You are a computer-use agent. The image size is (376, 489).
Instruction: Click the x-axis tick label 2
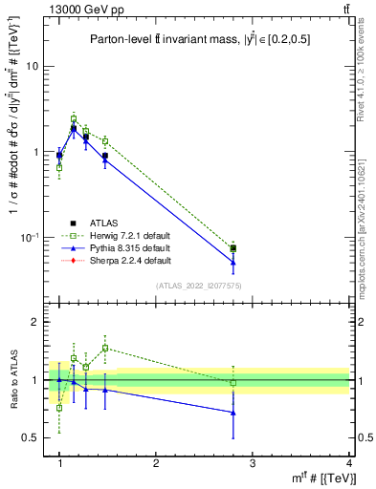(156, 463)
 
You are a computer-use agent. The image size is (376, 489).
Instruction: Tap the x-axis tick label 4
(349, 463)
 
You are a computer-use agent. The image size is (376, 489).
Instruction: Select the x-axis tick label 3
(253, 463)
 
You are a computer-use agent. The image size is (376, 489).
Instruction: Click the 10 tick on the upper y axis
(31, 66)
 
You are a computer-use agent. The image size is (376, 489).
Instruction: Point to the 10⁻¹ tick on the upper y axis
(28, 236)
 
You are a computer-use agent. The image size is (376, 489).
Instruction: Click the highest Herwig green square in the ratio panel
(105, 348)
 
